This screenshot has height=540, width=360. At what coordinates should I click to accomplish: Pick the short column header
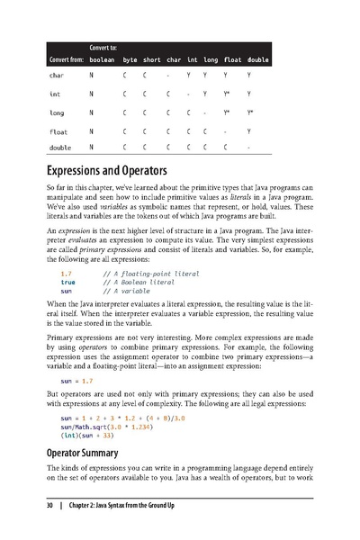point(151,59)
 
